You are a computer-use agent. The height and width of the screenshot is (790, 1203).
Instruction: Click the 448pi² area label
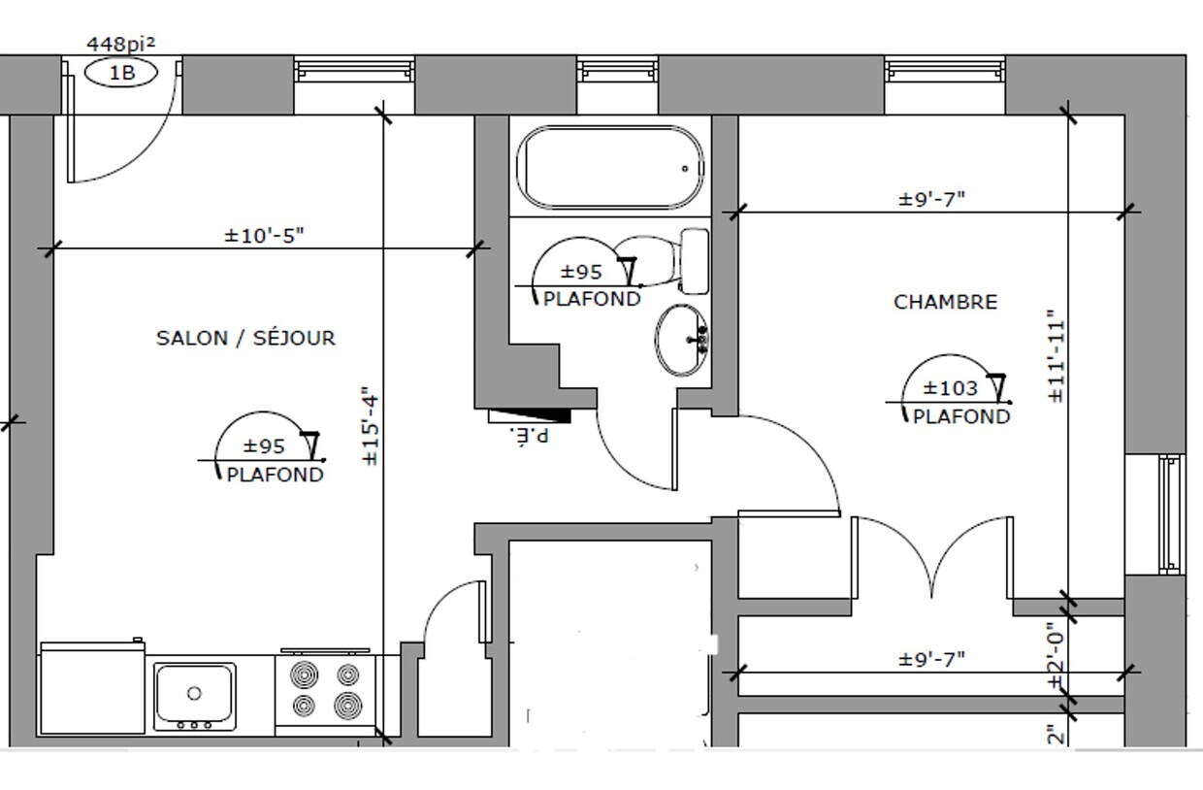click(120, 44)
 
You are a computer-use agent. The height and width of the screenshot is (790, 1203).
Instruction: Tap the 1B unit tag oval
click(121, 73)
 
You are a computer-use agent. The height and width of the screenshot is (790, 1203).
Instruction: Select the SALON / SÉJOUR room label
click(245, 338)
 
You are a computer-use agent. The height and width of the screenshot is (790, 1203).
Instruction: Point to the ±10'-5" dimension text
click(264, 235)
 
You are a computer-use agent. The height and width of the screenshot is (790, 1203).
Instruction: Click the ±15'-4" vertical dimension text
click(370, 427)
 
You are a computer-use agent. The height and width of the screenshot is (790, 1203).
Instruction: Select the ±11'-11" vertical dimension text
click(1056, 355)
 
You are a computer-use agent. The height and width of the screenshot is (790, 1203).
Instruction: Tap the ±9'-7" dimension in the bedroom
click(931, 199)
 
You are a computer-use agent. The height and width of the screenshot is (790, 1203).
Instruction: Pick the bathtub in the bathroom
click(610, 167)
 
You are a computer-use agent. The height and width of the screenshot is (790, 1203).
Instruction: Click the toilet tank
click(695, 260)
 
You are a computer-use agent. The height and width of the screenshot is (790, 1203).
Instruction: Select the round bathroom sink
click(682, 340)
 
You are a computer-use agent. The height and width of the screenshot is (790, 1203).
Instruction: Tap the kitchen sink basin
click(194, 692)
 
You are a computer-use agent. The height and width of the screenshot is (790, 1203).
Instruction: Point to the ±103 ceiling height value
click(950, 388)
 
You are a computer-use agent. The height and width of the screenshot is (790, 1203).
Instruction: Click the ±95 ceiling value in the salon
click(264, 446)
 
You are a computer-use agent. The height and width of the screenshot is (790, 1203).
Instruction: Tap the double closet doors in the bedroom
click(932, 557)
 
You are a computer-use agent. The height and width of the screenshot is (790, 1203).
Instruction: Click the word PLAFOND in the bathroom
click(592, 299)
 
